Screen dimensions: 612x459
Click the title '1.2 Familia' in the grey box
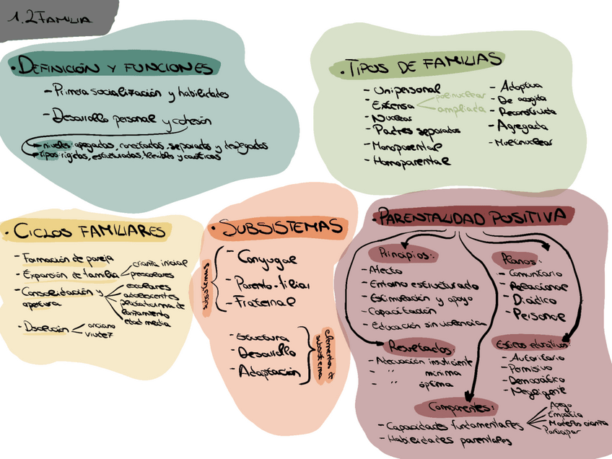[x=51, y=19]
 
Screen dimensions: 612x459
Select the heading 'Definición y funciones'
[x=115, y=68]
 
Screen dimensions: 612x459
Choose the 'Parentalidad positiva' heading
[x=473, y=217]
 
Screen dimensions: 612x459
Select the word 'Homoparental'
[x=411, y=162]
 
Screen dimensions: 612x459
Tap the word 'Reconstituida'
[x=528, y=112]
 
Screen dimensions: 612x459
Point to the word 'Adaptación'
[x=268, y=371]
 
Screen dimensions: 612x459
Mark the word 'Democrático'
[x=534, y=378]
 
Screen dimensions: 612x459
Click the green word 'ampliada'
[x=462, y=110]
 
